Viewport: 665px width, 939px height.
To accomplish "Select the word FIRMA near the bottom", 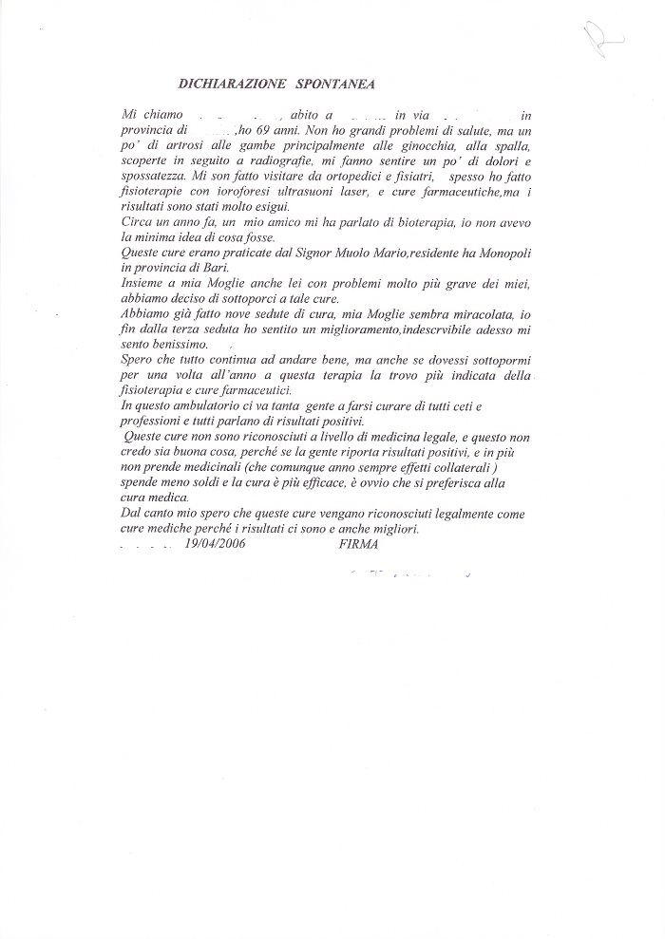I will tap(358, 544).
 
